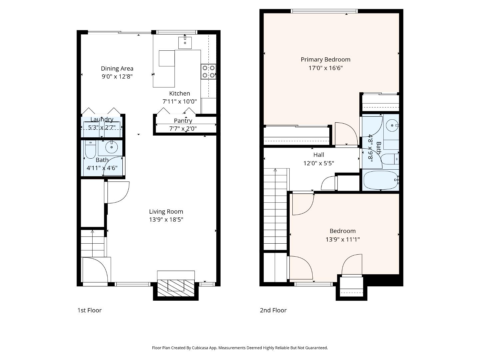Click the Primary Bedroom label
click(325, 60)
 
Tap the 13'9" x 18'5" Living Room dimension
click(166, 220)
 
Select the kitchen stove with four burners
click(208, 72)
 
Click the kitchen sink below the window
click(185, 43)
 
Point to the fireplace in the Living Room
click(176, 285)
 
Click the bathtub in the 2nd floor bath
click(380, 180)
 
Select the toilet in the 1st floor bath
click(90, 150)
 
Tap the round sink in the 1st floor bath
click(111, 146)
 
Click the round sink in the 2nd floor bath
click(392, 126)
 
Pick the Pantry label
click(183, 121)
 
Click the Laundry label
click(102, 119)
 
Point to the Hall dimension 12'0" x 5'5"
click(319, 163)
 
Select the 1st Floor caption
click(89, 310)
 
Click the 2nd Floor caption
click(273, 310)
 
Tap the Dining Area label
click(117, 68)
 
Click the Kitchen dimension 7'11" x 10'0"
click(179, 101)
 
